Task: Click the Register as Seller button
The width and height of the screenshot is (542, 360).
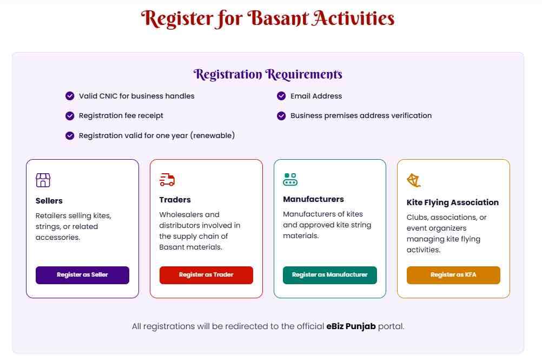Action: point(82,275)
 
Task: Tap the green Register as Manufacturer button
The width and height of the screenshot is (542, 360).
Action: point(329,275)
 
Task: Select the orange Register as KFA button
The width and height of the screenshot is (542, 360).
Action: point(453,275)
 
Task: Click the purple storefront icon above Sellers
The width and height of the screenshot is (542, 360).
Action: point(43,180)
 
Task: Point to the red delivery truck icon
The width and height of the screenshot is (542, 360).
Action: point(167,180)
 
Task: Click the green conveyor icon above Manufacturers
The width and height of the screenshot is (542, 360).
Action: point(290,179)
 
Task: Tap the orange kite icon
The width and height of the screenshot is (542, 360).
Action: point(414,181)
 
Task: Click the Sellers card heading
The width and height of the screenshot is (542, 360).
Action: point(49,201)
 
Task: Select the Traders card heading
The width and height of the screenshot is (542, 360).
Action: point(175,200)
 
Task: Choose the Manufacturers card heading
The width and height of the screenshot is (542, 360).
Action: point(313,199)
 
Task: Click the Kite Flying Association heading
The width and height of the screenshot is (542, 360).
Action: point(452,202)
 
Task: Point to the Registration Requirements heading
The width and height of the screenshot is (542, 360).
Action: point(268,74)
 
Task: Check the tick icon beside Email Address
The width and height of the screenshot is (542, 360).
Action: point(281,96)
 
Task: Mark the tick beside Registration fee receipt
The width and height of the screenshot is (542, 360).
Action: point(70,116)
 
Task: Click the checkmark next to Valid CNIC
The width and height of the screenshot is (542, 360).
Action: point(70,96)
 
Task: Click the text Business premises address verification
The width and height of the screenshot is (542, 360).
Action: point(361,116)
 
